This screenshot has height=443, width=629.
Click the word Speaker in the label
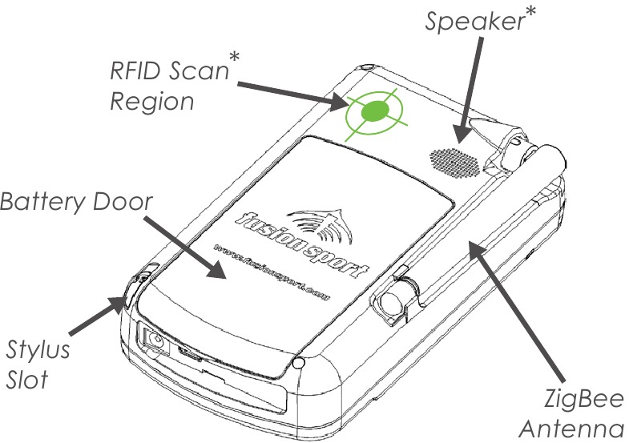click(x=471, y=22)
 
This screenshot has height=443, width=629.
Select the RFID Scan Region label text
click(x=165, y=87)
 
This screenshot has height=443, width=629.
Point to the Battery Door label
click(x=75, y=201)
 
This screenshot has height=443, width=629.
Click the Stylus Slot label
click(x=38, y=364)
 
